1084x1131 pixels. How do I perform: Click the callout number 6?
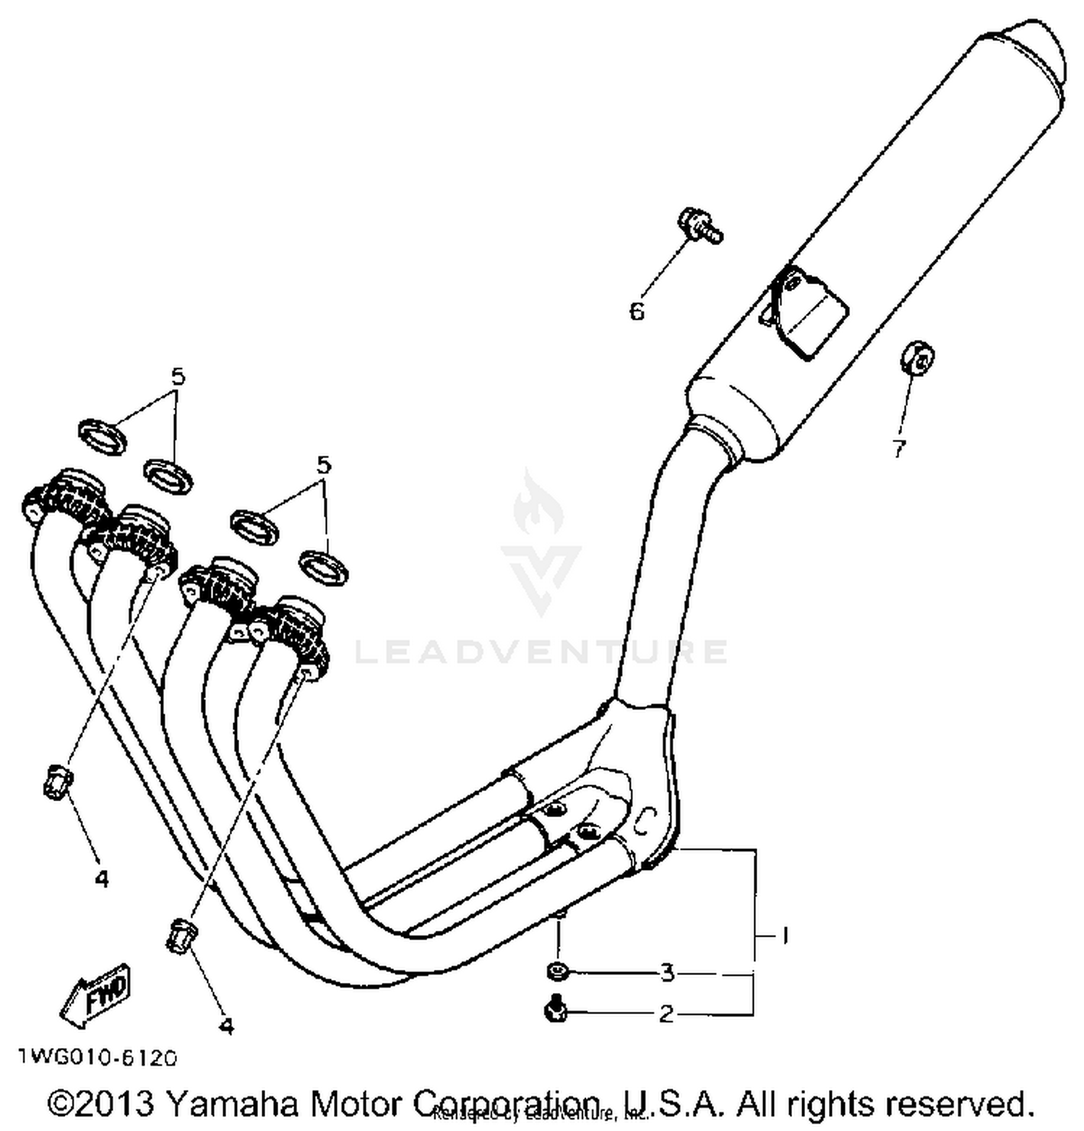point(636,312)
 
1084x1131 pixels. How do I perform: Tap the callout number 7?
point(898,449)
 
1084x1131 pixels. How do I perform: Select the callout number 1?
point(785,936)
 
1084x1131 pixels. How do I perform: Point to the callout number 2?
point(666,1014)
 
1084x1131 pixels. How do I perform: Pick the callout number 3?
point(667,973)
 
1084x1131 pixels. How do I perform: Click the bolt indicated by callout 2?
point(556,1010)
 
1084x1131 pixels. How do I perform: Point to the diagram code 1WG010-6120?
point(97,1058)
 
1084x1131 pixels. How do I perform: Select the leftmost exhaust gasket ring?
point(101,436)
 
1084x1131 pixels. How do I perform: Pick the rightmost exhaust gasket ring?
point(324,567)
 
